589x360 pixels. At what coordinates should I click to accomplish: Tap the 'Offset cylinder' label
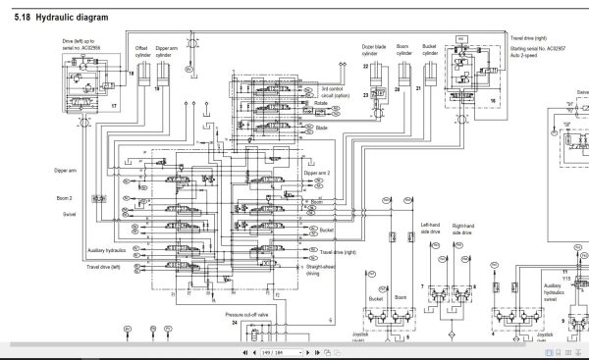(141, 51)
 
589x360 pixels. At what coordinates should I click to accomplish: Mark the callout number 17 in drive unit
(114, 104)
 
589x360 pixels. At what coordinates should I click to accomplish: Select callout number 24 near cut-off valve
(234, 322)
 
